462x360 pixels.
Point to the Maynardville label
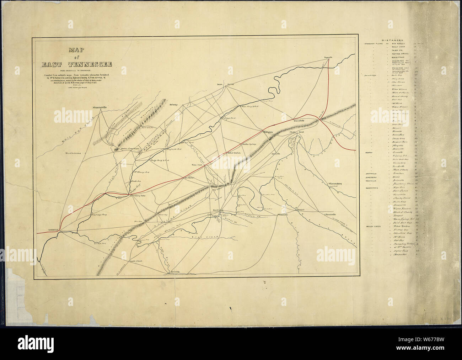pyautogui.click(x=100, y=107)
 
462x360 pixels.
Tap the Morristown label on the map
pyautogui.click(x=269, y=132)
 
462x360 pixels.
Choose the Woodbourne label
pyautogui.click(x=74, y=153)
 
